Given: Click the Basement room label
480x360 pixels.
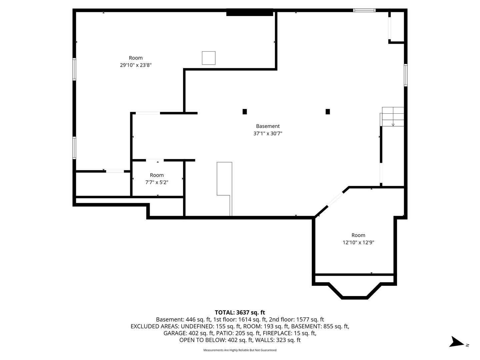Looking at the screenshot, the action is (268, 126).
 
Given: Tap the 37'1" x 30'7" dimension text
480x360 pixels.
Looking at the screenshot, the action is (268, 133).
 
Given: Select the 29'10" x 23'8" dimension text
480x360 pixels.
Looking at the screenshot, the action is (136, 65).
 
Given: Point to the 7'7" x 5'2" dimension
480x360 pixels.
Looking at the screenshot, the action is (157, 182).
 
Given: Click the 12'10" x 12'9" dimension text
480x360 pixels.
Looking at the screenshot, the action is (358, 242).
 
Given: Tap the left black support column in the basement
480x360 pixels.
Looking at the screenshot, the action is (244, 112).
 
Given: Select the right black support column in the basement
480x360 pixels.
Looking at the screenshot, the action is (328, 112).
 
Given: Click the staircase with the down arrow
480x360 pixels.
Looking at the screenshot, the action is (393, 117).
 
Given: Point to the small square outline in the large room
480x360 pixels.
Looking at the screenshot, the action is (208, 58).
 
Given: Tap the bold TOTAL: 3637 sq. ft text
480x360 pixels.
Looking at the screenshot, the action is (240, 312).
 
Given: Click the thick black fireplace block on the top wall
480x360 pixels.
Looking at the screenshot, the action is (250, 12).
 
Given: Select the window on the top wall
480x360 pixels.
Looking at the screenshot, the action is (364, 10).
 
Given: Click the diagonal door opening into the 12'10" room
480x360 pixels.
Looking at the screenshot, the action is (335, 199).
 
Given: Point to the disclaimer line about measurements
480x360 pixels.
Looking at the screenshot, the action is (240, 350).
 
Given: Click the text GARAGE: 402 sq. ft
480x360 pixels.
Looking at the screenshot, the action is (189, 333).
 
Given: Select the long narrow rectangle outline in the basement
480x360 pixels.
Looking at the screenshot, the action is (225, 189).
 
